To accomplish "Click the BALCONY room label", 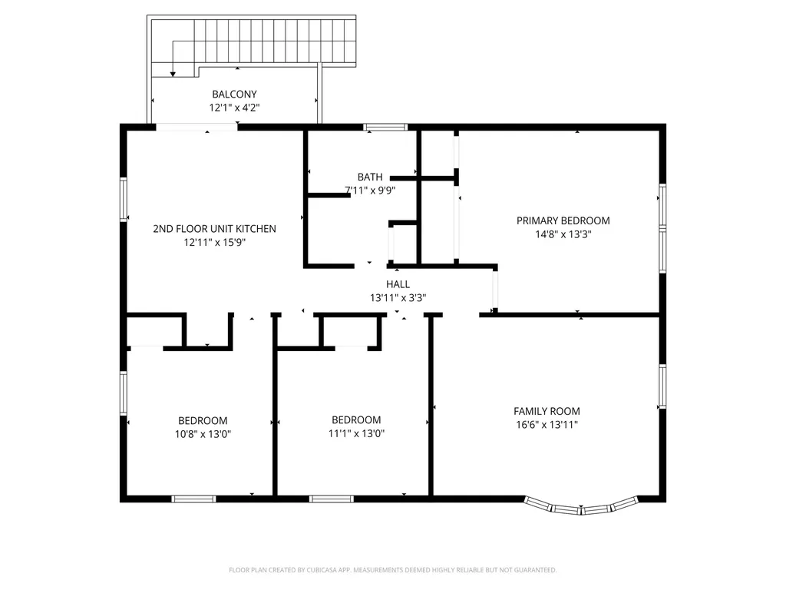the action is tap(234, 94).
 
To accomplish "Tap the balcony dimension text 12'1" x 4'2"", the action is tap(234, 108).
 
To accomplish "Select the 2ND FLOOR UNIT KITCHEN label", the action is tap(215, 229).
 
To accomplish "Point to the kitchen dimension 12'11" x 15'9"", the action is tap(215, 243).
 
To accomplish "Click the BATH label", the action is tap(370, 177).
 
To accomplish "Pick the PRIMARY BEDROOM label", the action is tap(563, 220).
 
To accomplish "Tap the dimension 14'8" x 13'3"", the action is tap(563, 234).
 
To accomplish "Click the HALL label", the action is tap(398, 284).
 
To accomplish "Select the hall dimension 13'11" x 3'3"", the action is tap(398, 298).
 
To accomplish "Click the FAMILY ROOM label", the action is tap(547, 412).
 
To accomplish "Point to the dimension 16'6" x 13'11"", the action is tap(547, 425).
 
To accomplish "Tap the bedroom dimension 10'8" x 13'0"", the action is tap(203, 435).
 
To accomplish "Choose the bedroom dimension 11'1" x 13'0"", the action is tap(356, 433).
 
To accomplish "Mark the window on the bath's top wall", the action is tap(385, 127).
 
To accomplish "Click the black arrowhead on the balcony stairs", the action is tap(173, 75).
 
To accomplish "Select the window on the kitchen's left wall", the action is tap(124, 199).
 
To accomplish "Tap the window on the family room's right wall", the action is tap(662, 387).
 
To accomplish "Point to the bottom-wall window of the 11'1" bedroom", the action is tap(332, 499).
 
